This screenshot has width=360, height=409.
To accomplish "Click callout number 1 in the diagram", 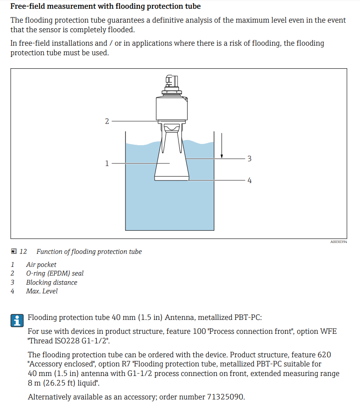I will pyautogui.click(x=107, y=163).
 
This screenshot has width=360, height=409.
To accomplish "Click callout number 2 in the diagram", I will pyautogui.click(x=107, y=121).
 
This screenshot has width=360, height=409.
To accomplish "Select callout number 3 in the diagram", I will pyautogui.click(x=249, y=159).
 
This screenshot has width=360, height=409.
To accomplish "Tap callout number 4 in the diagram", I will pyautogui.click(x=249, y=180).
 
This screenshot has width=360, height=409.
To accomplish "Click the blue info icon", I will pyautogui.click(x=17, y=320).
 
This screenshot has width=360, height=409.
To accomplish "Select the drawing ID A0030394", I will pyautogui.click(x=338, y=242).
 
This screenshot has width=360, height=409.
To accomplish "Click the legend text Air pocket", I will pyautogui.click(x=41, y=265).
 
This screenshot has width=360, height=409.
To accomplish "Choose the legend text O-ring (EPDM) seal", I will pyautogui.click(x=55, y=273).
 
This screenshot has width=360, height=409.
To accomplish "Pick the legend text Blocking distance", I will pyautogui.click(x=52, y=283).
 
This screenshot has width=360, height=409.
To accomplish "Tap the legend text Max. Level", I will pyautogui.click(x=42, y=291).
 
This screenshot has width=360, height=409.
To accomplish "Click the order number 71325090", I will pyautogui.click(x=225, y=397).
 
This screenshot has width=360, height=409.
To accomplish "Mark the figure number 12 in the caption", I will pyautogui.click(x=23, y=252).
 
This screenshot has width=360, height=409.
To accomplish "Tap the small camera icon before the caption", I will pyautogui.click(x=14, y=252).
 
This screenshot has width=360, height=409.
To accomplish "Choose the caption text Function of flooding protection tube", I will pyautogui.click(x=89, y=252).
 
